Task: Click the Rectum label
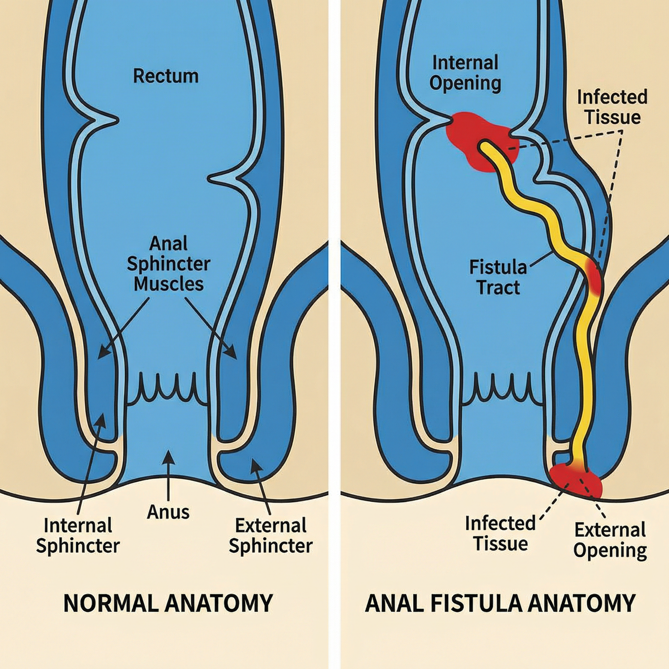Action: pos(166,77)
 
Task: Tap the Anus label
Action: pos(168,512)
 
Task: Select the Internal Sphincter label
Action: pos(78,536)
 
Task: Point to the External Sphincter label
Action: pos(271,536)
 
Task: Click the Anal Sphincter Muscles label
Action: pos(169,263)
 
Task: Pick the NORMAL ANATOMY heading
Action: pos(168,603)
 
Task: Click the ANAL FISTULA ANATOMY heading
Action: pos(500,603)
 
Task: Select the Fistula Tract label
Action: pos(498,277)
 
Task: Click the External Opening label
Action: pos(610,540)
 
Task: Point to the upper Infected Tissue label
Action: pos(612,107)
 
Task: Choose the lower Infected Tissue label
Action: pos(500,534)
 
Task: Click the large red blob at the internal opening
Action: pos(477,140)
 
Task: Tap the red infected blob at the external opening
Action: pos(576,481)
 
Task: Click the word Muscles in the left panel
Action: pos(169,284)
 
